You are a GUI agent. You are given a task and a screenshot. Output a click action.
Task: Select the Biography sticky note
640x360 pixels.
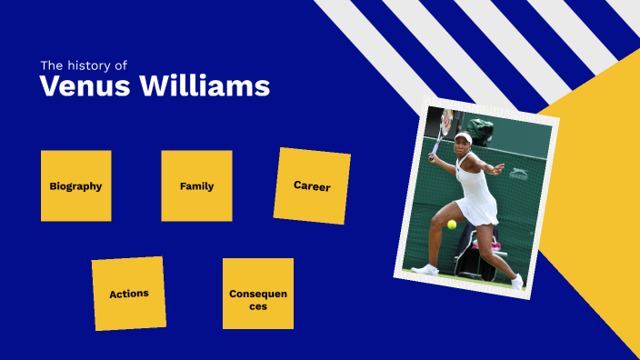click(75, 185)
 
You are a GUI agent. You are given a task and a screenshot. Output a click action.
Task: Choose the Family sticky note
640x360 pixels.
click(196, 185)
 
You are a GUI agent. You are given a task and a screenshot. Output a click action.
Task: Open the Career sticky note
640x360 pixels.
click(312, 186)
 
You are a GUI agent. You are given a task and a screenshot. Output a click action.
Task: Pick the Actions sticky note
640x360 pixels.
click(129, 294)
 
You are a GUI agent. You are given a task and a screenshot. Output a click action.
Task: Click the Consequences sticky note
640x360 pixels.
click(258, 294)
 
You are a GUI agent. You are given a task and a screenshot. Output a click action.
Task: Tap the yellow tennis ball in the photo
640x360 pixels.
click(452, 224)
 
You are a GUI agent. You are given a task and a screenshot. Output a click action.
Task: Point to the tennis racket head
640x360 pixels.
click(445, 120)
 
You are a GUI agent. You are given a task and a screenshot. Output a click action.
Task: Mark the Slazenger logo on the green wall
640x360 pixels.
click(519, 173)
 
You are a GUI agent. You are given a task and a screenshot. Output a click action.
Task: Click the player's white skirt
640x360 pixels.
click(477, 208)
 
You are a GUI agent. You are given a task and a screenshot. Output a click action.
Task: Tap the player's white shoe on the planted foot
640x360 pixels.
click(425, 269)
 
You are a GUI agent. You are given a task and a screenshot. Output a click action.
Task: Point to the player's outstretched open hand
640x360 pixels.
click(497, 168)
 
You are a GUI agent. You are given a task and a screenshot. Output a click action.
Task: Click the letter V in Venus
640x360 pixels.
click(51, 87)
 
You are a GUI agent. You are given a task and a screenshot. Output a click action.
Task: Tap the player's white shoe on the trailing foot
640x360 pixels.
click(516, 281)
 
